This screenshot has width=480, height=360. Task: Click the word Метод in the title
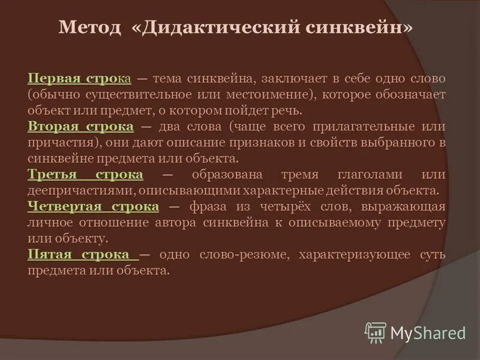pos(89,29)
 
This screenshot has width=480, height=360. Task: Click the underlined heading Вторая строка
pos(80,127)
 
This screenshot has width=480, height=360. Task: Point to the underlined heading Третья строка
pos(85,175)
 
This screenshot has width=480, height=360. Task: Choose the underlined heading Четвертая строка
pos(93,206)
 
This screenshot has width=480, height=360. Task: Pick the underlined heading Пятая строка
pos(82,254)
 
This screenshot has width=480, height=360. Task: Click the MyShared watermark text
pos(428,333)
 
